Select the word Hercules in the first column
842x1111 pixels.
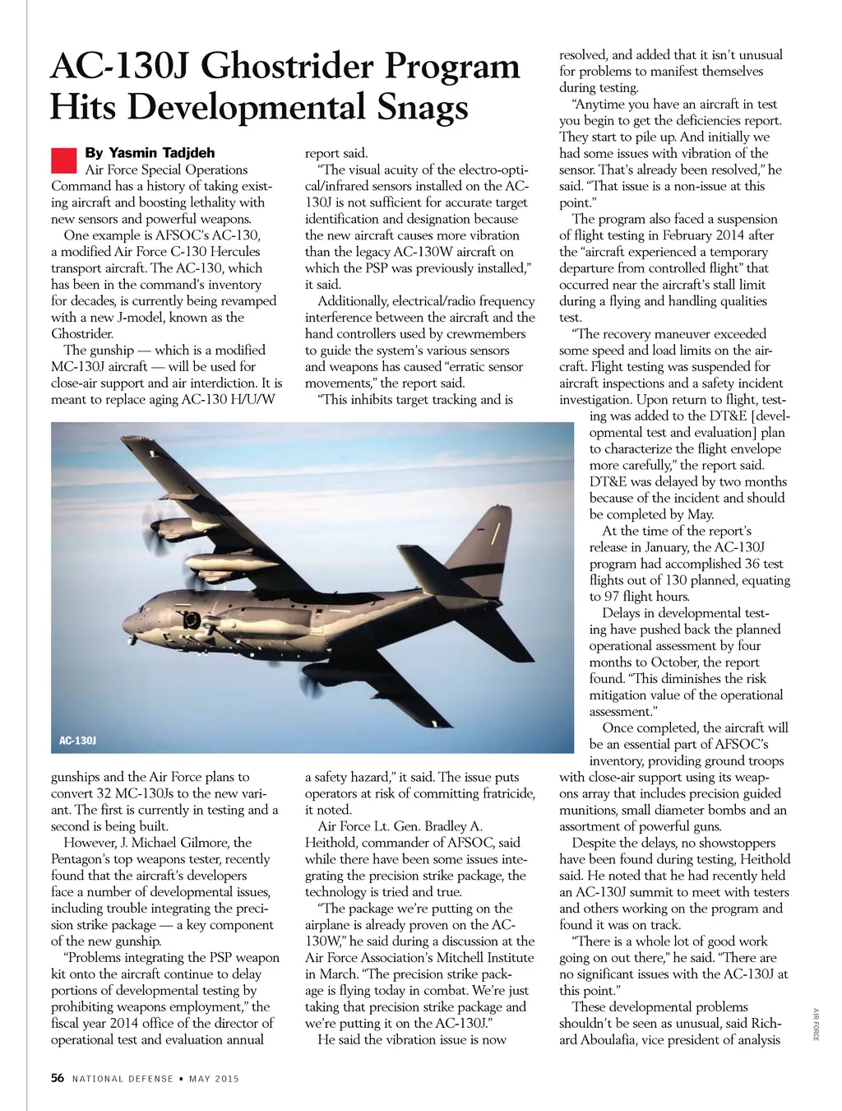point(231,252)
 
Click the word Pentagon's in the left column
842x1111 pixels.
point(83,859)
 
